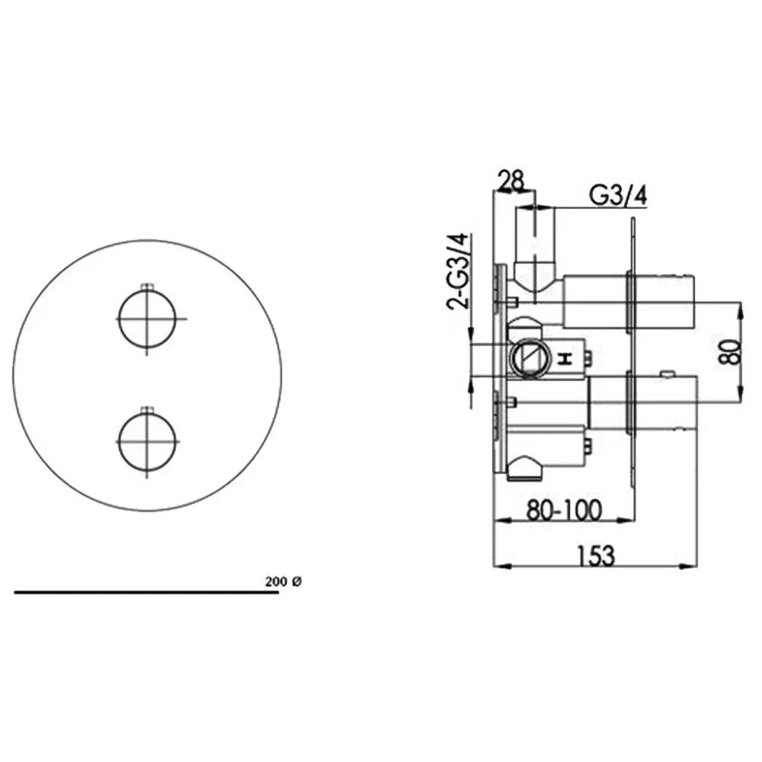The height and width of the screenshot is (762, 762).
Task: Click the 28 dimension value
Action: pos(512,181)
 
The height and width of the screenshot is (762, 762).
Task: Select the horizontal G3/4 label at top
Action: pos(618,195)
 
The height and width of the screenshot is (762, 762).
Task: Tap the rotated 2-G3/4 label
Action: pos(458,271)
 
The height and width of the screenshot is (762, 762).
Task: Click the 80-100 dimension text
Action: pos(564,510)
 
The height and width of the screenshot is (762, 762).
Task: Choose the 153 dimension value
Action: pos(597,555)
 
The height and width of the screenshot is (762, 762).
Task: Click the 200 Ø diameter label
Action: pos(283,581)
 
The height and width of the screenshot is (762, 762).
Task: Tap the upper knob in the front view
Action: pos(147,319)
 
